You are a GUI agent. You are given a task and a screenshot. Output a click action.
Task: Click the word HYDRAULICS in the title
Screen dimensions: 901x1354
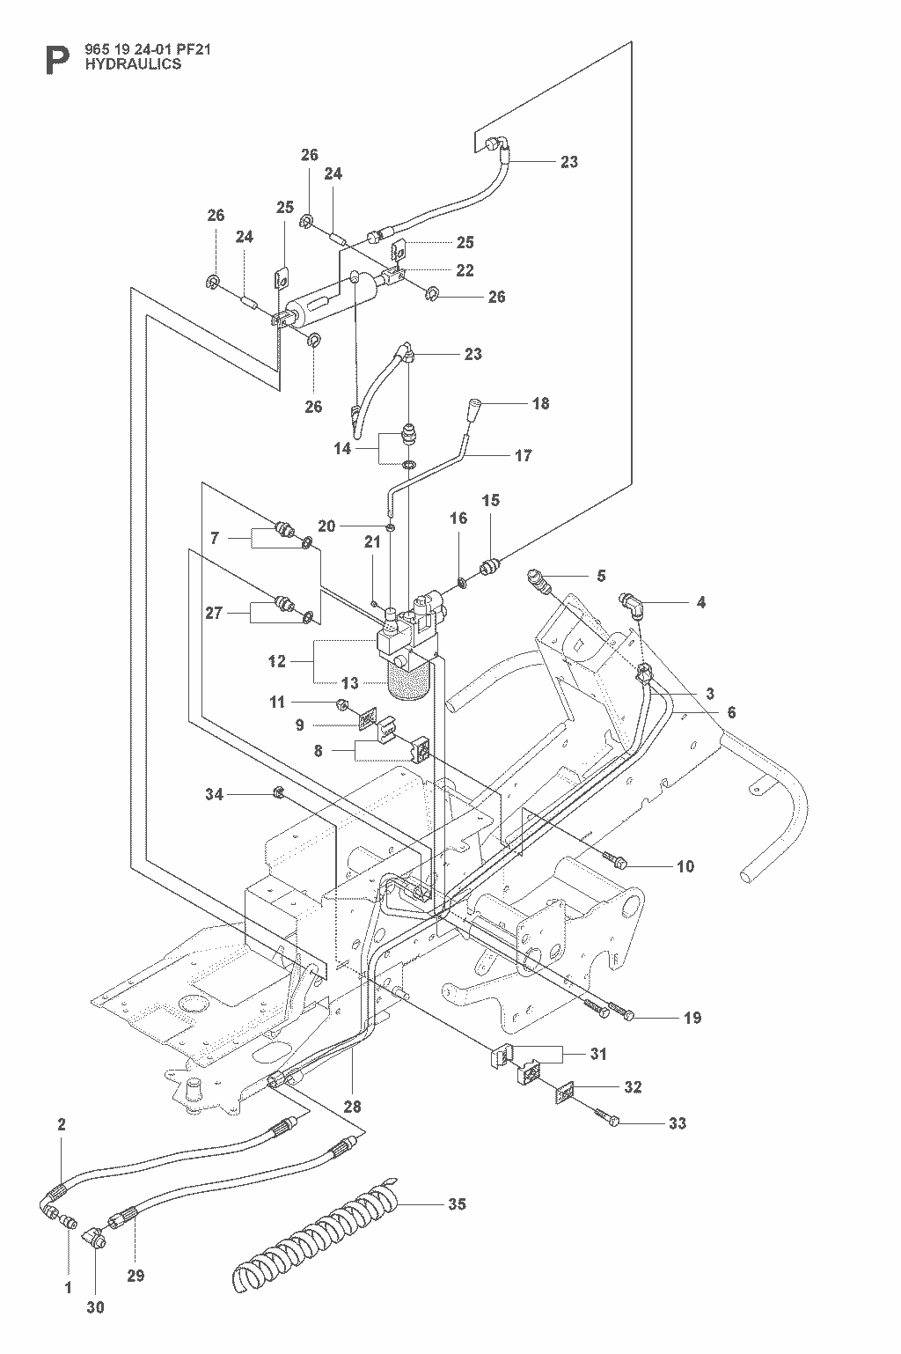tap(133, 64)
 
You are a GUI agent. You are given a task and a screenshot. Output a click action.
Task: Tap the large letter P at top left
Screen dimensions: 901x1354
tap(57, 61)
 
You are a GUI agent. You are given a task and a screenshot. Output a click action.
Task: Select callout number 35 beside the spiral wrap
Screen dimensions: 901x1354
tap(457, 1204)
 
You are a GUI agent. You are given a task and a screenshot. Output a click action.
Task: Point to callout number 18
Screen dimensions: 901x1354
tap(541, 403)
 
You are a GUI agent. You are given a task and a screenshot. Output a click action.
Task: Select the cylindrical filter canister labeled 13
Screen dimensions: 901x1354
tap(410, 680)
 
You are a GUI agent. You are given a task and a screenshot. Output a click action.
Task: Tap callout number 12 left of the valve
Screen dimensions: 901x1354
tap(277, 661)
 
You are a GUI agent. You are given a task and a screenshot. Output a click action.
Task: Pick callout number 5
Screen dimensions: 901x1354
tap(601, 576)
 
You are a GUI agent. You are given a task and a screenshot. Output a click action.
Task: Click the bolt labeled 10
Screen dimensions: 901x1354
tap(615, 860)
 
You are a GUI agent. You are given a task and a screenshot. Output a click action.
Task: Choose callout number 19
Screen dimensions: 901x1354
tap(692, 1018)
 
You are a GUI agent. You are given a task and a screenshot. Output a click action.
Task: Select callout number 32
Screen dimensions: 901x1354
tap(632, 1087)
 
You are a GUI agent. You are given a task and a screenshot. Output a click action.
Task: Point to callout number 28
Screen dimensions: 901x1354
tap(352, 1107)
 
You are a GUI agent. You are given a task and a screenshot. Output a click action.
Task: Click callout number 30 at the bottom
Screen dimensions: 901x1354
tap(96, 1307)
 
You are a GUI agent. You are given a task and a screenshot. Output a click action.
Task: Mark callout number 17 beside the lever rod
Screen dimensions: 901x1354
tap(524, 455)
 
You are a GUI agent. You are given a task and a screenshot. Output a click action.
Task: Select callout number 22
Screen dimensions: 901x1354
tap(465, 270)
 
